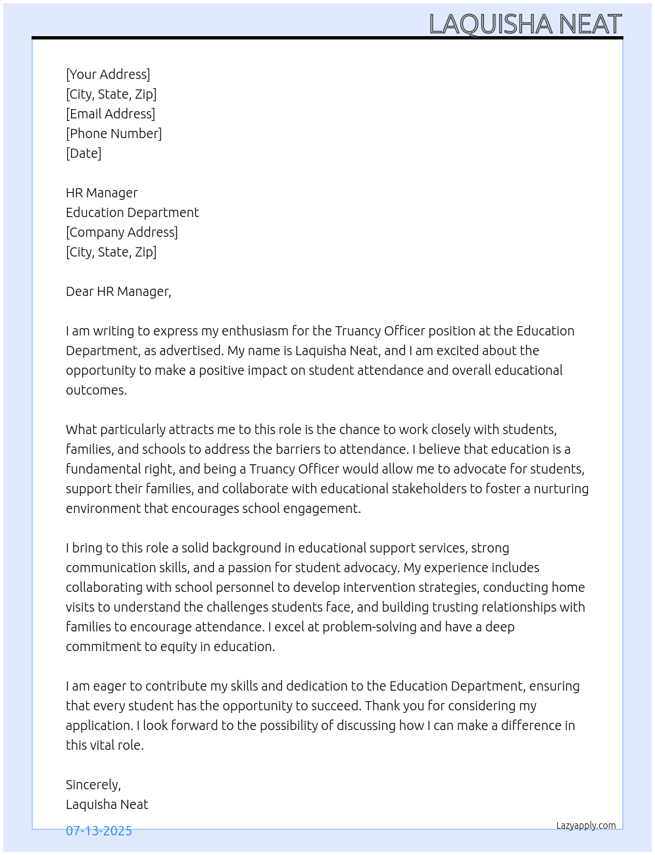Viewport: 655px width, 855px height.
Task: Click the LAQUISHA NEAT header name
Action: (x=525, y=24)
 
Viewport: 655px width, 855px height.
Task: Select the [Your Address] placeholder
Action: (x=108, y=74)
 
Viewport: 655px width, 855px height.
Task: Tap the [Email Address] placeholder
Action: (x=110, y=114)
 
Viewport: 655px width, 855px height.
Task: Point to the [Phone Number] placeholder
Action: (x=114, y=134)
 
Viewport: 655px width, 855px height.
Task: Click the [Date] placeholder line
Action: (x=84, y=153)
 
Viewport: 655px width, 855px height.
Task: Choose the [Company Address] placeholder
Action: (x=122, y=232)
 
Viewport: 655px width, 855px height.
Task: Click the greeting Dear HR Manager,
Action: (x=118, y=291)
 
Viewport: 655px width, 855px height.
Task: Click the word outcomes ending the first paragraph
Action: (x=96, y=390)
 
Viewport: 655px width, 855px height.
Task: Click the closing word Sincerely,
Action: (x=93, y=785)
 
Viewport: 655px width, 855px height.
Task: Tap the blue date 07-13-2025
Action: (x=99, y=831)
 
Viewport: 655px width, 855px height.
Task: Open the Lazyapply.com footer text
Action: (x=586, y=825)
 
